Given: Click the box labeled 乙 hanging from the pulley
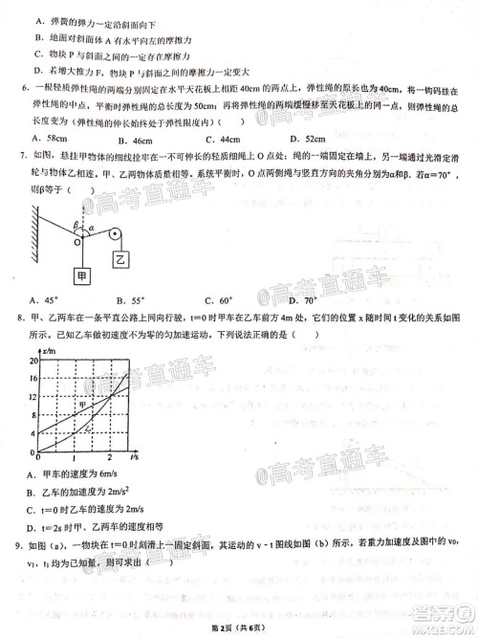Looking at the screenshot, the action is coord(121,258).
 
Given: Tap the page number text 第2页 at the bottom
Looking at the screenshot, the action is coord(228,627).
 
